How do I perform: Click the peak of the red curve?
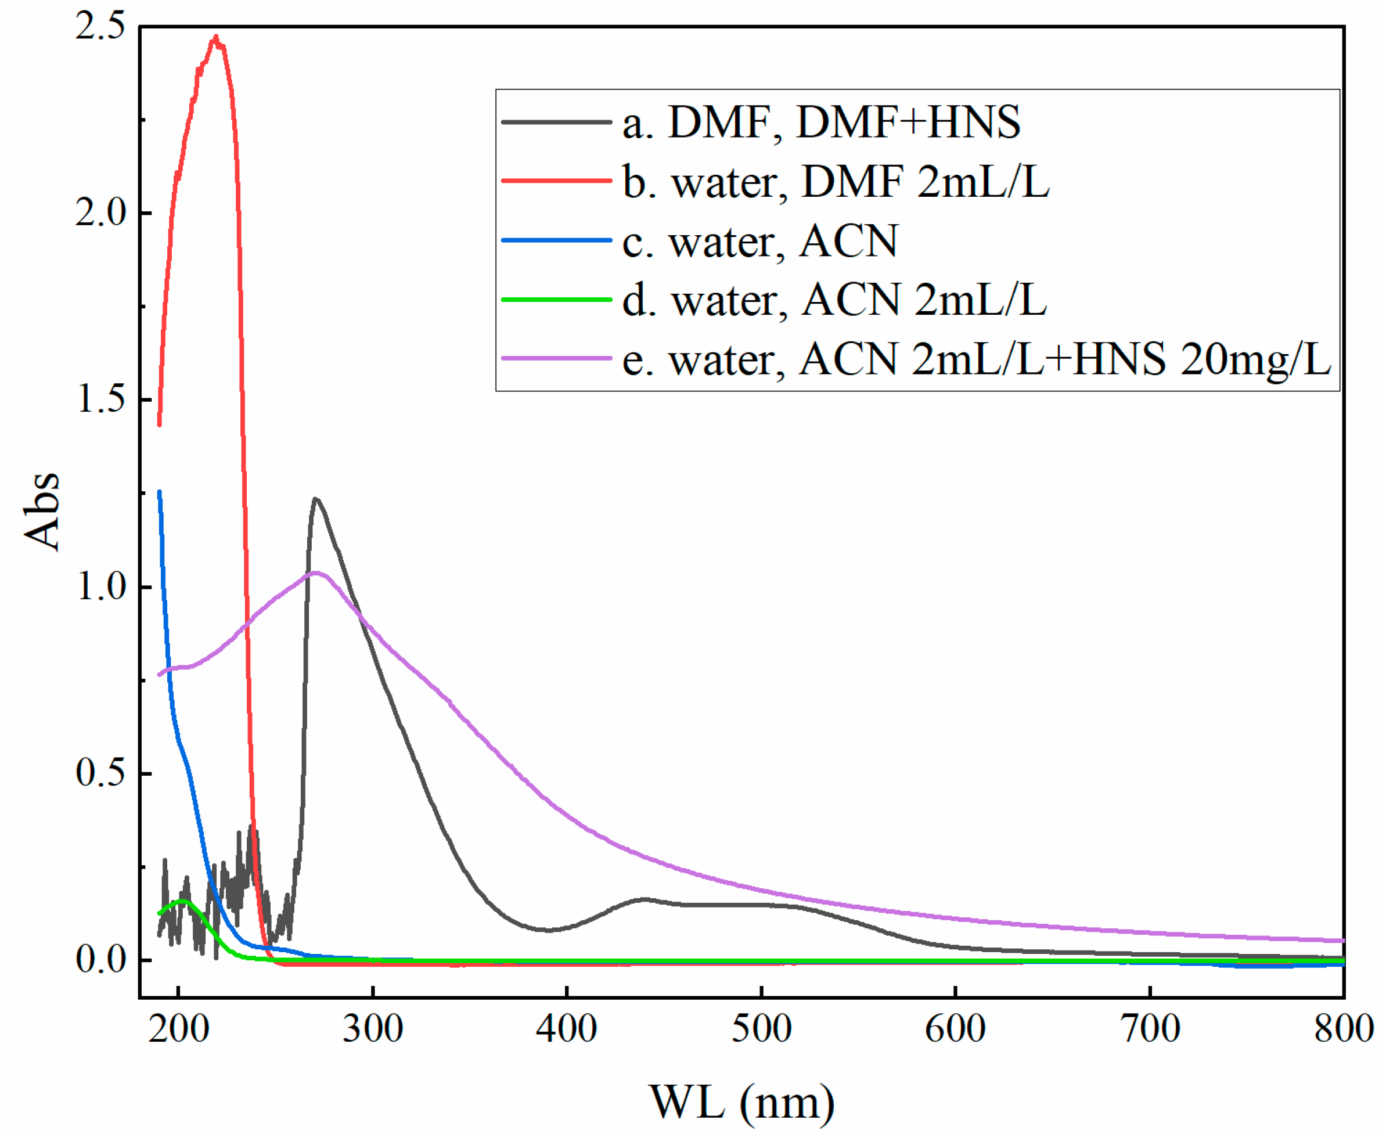click(x=215, y=38)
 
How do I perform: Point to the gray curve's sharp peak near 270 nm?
click(x=316, y=499)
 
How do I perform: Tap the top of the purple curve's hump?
click(x=316, y=573)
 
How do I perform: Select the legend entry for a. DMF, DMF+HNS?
click(x=821, y=123)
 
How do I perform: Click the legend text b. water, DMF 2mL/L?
click(x=836, y=182)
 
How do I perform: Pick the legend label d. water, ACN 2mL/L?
click(x=834, y=300)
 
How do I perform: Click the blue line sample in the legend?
click(x=556, y=240)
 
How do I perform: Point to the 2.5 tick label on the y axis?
click(x=100, y=27)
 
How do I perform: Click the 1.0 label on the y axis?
click(x=100, y=586)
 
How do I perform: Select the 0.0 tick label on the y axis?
click(x=100, y=960)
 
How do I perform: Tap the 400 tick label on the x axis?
click(x=567, y=1028)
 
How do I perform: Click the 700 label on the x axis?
click(x=1150, y=1028)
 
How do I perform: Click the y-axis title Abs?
click(x=41, y=512)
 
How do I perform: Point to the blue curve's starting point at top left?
click(x=159, y=492)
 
